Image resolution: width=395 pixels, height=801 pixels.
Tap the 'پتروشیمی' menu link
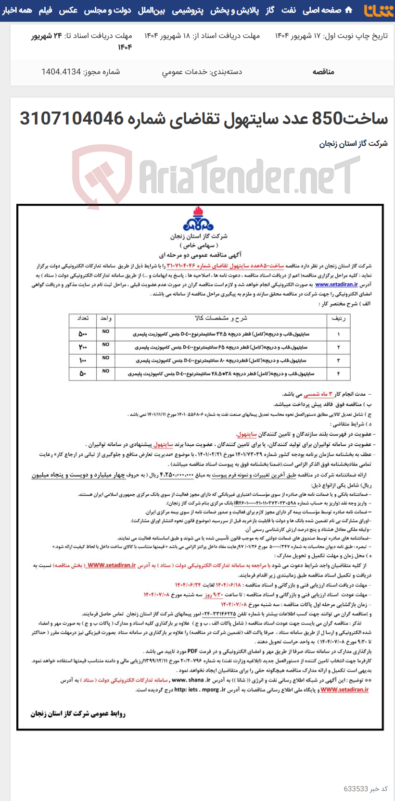(187, 10)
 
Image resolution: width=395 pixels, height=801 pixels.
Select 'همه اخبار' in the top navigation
(17, 10)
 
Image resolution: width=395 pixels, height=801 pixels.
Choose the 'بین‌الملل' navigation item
(151, 10)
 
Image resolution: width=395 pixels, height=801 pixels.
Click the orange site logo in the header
(378, 11)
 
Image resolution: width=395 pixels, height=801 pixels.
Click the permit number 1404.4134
(61, 72)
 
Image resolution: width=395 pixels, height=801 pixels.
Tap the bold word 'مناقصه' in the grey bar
(323, 72)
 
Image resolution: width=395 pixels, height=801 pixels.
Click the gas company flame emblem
(198, 219)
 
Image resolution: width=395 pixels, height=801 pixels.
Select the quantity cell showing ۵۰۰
(83, 334)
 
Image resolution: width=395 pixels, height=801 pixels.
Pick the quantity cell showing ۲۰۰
(83, 347)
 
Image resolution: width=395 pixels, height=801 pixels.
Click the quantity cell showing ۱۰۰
(83, 360)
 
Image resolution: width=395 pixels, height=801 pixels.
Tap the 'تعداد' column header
(83, 318)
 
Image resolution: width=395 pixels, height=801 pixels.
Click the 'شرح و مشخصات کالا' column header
(220, 318)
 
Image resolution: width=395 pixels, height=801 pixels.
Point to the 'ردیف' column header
(339, 318)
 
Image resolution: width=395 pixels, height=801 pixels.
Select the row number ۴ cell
(339, 374)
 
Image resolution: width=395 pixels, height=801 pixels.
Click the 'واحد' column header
(106, 318)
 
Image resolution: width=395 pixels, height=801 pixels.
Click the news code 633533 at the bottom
(366, 789)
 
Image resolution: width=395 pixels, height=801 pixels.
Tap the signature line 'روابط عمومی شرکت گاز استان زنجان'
(78, 713)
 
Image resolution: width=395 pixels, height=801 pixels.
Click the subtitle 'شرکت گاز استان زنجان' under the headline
(354, 143)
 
